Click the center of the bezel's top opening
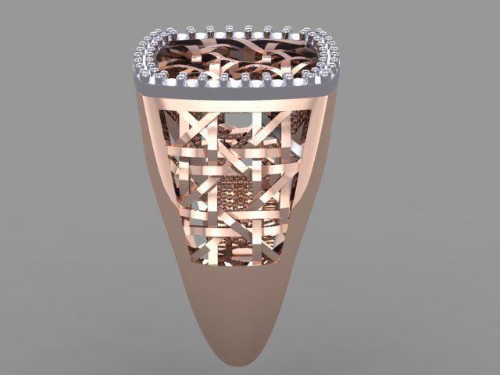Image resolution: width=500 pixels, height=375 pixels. (238, 55)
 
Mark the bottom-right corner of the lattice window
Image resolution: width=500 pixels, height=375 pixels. (281, 262)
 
